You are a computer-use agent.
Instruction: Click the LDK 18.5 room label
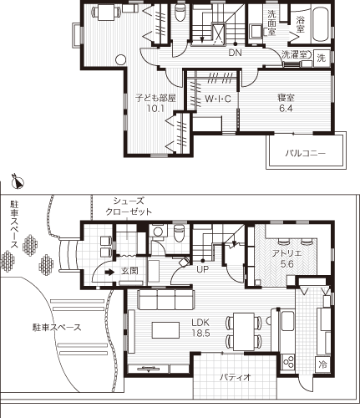[200, 328]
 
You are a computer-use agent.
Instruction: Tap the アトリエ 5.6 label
[286, 258]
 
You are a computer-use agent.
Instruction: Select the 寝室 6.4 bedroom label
[286, 103]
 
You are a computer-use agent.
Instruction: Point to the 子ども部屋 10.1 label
[155, 103]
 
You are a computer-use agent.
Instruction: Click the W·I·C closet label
[218, 99]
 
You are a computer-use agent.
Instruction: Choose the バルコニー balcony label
[306, 153]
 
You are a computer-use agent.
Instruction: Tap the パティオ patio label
[236, 378]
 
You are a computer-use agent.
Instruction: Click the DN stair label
[235, 53]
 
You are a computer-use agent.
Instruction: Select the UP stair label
[203, 269]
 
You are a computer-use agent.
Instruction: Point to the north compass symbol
[18, 181]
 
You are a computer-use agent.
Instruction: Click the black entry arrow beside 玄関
[109, 272]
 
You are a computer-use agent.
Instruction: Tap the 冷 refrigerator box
[323, 364]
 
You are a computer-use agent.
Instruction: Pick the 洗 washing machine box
[322, 58]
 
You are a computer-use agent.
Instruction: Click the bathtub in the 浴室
[321, 24]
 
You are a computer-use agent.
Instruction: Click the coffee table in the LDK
[165, 330]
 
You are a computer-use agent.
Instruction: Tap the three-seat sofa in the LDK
[165, 299]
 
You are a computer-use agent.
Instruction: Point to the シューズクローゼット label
[129, 206]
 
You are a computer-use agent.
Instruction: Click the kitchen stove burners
[288, 362]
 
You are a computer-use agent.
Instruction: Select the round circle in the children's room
[121, 59]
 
